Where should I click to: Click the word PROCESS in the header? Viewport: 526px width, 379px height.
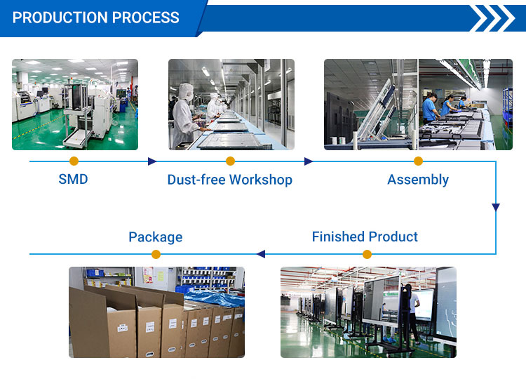point(146,18)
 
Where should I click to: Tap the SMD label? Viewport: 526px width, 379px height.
point(73,179)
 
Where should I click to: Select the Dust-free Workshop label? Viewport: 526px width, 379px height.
point(230,180)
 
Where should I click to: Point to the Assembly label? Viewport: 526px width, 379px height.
point(418,180)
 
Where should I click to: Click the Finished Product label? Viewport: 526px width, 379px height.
point(365,237)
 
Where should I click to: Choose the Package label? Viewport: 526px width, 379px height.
point(156,237)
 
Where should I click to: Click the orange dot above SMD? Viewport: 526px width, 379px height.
point(74,161)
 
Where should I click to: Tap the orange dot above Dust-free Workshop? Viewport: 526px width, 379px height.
point(231,161)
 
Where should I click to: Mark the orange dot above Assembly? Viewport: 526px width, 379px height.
point(418,161)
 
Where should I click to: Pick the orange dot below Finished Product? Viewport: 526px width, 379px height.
point(367,254)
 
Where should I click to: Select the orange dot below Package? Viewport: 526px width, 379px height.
point(156,254)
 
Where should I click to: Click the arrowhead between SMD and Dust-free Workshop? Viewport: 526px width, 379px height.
point(152,161)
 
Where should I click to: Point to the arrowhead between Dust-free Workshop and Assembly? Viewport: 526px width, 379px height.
point(309,161)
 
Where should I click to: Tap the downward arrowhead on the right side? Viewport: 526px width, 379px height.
point(496,207)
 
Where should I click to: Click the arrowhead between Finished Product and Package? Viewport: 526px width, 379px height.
point(261,254)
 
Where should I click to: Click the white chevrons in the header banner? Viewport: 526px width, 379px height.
point(493,18)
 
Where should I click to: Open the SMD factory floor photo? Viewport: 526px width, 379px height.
point(75,105)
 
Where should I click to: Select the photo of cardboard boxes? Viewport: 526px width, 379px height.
point(156,312)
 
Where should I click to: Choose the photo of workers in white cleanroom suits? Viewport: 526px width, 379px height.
point(231,105)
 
